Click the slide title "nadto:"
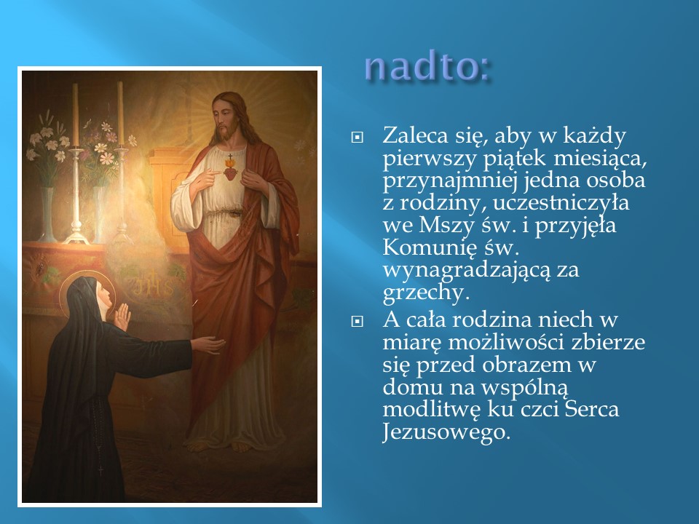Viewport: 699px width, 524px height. tap(427, 67)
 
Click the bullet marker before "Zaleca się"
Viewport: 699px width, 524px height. tap(357, 138)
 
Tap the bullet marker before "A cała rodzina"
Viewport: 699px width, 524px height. tap(357, 321)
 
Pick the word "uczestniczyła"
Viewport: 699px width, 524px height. tap(561, 203)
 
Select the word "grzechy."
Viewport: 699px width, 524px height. tap(426, 293)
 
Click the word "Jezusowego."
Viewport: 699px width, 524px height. tap(446, 432)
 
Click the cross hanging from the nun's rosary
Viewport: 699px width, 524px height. tap(100, 469)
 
